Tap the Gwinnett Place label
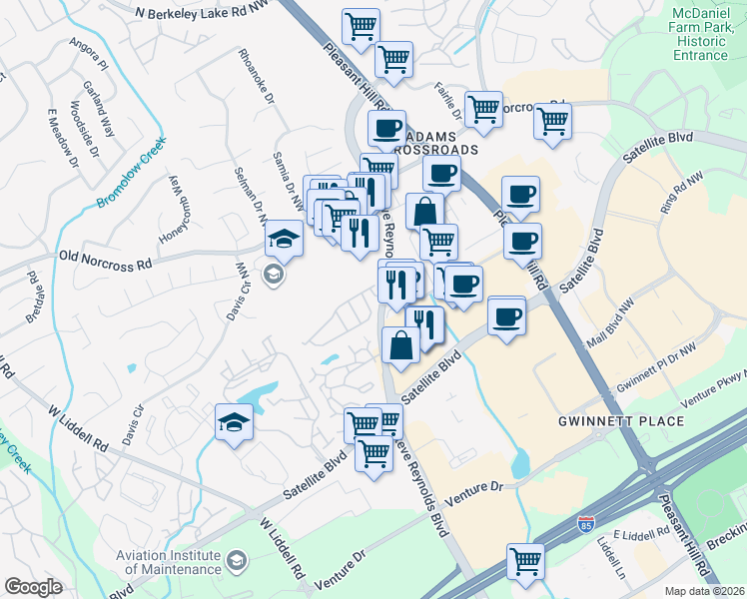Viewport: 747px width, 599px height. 621,421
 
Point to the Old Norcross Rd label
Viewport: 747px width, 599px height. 105,263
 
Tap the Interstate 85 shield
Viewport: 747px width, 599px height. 585,523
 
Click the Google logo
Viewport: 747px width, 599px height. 33,587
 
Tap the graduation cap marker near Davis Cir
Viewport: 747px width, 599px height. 234,421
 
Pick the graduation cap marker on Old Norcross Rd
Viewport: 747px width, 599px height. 283,240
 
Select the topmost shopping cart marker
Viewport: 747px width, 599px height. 360,26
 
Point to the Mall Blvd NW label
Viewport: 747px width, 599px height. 612,320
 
